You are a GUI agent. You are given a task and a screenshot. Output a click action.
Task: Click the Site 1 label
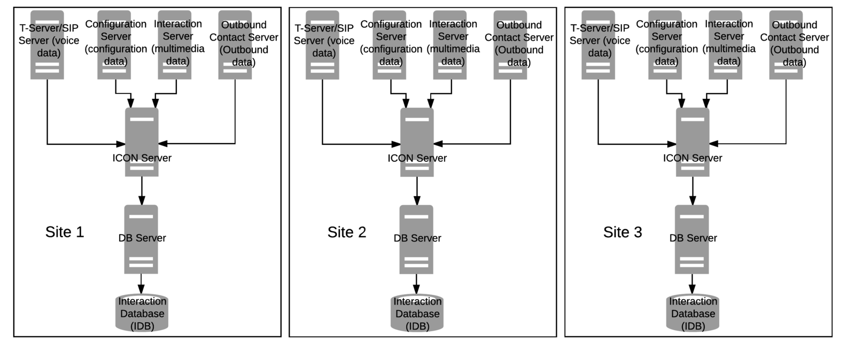(65, 232)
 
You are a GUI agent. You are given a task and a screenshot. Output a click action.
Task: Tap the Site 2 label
(347, 232)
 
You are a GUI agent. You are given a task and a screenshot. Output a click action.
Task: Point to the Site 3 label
(623, 232)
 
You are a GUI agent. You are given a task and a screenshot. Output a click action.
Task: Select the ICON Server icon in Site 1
(142, 142)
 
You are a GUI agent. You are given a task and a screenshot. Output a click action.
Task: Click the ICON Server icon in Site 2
(417, 142)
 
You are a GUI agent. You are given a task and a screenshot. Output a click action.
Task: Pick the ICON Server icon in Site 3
(693, 142)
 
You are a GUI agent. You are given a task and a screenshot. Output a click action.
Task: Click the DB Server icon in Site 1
(141, 239)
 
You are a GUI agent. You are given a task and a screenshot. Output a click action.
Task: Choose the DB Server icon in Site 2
(416, 239)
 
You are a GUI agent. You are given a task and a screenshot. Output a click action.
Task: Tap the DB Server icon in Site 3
(691, 239)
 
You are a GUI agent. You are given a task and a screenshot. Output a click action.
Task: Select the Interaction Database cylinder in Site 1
(142, 312)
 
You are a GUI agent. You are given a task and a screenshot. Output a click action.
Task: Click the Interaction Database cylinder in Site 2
(417, 312)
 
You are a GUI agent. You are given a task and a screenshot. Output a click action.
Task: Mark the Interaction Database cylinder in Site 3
(693, 312)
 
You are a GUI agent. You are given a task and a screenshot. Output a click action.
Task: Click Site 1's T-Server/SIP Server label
(49, 41)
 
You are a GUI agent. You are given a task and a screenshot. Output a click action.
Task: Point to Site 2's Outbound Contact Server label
(519, 43)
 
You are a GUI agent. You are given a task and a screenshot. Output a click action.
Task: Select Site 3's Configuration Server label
(666, 43)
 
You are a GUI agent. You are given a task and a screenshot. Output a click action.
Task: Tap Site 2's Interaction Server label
(453, 42)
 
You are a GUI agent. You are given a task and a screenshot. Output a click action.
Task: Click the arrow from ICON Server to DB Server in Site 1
(142, 191)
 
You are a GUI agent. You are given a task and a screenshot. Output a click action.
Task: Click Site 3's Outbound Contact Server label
(795, 43)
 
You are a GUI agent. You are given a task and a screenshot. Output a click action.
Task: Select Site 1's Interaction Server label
(178, 42)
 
